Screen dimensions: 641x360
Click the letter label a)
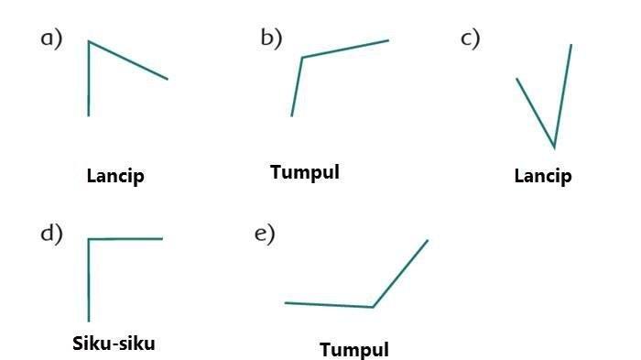(x=51, y=39)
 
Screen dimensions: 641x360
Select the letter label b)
(x=271, y=38)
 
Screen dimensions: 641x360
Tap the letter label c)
(x=470, y=39)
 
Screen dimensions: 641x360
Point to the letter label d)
(x=51, y=234)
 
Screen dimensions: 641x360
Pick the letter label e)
(x=265, y=235)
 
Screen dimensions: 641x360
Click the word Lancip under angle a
(x=115, y=176)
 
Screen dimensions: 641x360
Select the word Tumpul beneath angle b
(x=305, y=172)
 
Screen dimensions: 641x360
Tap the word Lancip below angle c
(x=543, y=176)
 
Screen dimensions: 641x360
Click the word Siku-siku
(x=114, y=344)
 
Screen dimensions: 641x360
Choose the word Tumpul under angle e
(x=354, y=350)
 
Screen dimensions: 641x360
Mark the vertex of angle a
(x=89, y=41)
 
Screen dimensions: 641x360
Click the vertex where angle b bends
(x=302, y=58)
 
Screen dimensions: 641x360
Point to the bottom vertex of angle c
(x=554, y=147)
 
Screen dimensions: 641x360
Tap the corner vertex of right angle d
(x=89, y=239)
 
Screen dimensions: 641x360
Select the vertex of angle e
(x=373, y=306)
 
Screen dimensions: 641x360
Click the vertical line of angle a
(x=89, y=79)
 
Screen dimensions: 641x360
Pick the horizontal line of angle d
(x=125, y=238)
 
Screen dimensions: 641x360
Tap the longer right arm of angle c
(x=562, y=96)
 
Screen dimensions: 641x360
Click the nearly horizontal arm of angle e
(x=329, y=305)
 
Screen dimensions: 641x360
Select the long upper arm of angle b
(x=345, y=49)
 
